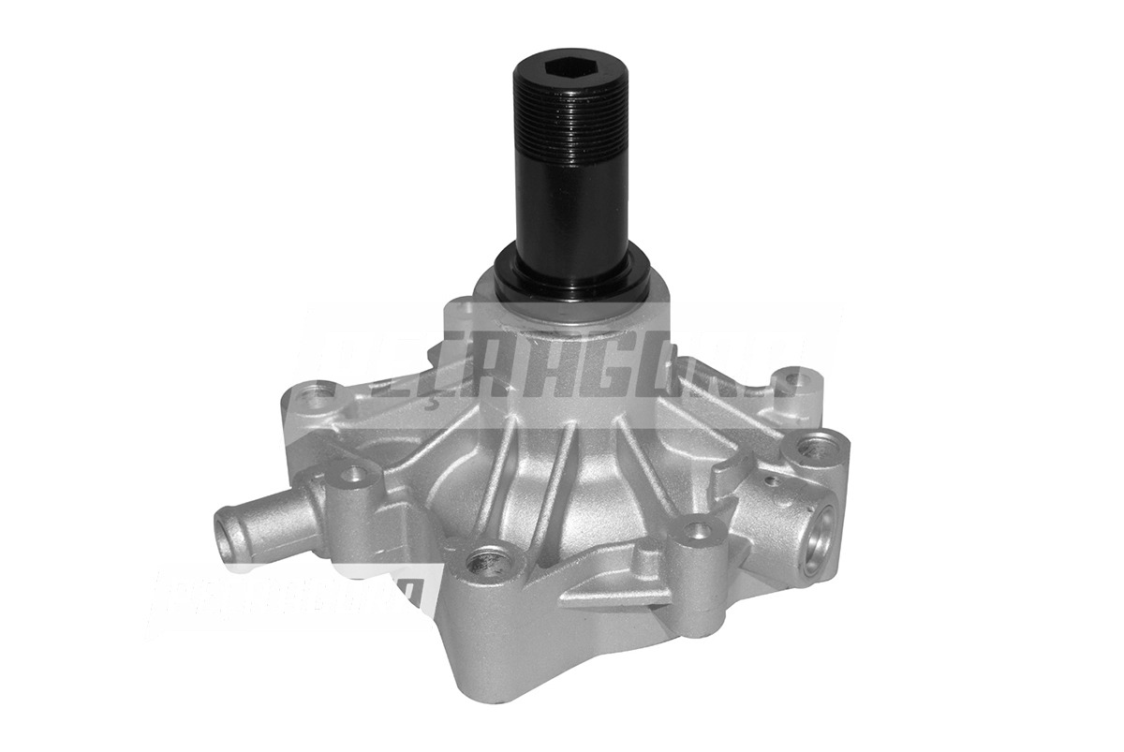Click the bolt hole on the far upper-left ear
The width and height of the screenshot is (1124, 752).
pyautogui.click(x=319, y=391)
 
